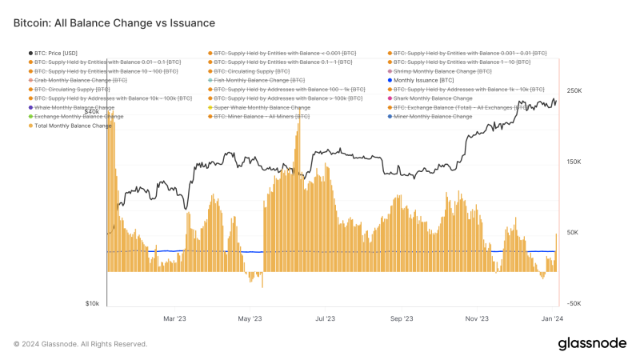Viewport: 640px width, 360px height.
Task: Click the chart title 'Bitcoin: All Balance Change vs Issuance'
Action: coord(114,24)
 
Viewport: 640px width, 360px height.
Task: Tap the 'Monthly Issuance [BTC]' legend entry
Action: coord(424,80)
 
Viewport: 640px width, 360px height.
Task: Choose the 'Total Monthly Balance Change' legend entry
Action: coord(73,126)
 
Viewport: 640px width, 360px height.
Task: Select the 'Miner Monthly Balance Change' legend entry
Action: coord(433,116)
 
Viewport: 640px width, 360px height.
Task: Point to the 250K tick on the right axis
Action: coord(574,91)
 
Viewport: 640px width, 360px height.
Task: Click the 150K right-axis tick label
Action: coord(574,162)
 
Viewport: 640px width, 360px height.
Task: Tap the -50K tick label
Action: coord(574,303)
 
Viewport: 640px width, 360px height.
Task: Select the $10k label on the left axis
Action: coord(92,303)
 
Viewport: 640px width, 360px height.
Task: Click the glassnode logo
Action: coord(592,343)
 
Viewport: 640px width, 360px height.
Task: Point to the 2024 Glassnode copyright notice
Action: coord(80,344)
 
